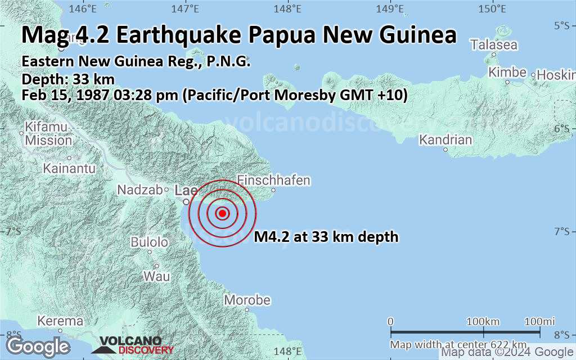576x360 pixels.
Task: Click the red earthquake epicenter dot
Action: (x=222, y=213)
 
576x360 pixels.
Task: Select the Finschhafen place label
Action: (x=274, y=181)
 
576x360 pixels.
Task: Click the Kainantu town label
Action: (x=70, y=168)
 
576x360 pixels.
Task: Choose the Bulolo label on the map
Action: (x=149, y=242)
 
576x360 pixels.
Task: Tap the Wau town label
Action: (x=156, y=276)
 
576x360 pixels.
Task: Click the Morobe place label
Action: (x=247, y=300)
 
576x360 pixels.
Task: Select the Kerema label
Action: (x=60, y=321)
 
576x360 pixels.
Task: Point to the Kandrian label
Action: (x=446, y=139)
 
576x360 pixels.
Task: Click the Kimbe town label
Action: (x=507, y=73)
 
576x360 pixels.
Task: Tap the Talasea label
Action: (x=494, y=44)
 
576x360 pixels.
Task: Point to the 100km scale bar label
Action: (x=484, y=321)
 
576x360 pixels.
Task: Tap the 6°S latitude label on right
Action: (x=562, y=128)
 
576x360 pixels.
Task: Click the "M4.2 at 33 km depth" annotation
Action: (x=326, y=237)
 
